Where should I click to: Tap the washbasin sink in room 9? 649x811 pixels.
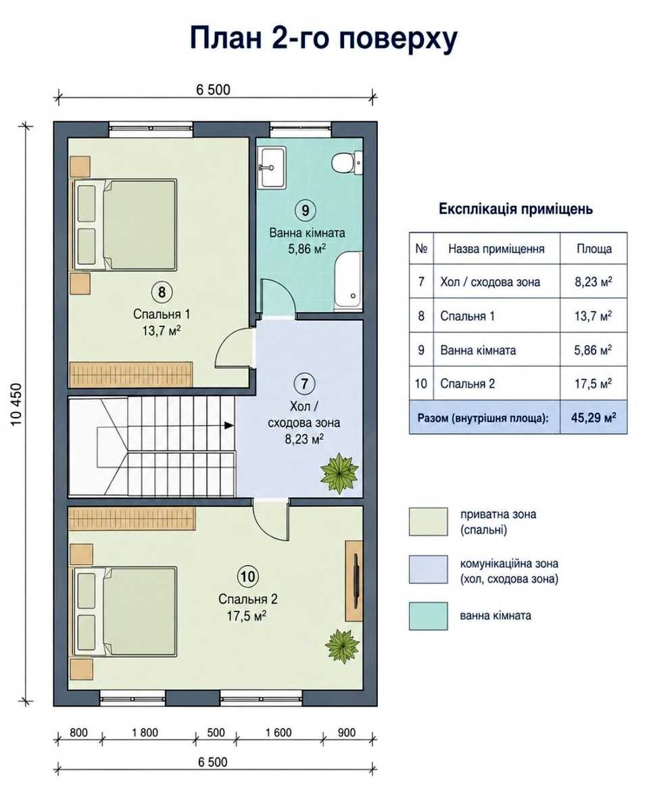pos(271,168)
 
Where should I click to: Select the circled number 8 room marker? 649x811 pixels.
pos(162,292)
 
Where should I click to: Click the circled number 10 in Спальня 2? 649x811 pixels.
pos(247,576)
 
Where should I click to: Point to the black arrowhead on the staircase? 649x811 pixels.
pos(229,426)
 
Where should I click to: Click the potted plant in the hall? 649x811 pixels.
pos(339,473)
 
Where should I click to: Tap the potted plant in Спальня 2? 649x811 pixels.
pos(342,646)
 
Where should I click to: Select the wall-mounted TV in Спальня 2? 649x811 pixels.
pos(356,581)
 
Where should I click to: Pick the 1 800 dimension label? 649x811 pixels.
pos(145,733)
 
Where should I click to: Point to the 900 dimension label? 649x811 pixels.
pos(347,733)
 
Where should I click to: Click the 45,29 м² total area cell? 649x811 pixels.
pos(594,418)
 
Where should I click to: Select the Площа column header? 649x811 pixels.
pos(594,249)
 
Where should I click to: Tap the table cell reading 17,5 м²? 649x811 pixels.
pos(594,384)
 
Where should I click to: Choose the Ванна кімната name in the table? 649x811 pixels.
pos(478,350)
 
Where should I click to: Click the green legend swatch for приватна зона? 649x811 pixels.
pos(429,522)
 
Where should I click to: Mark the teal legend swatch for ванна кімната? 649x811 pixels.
pos(429,616)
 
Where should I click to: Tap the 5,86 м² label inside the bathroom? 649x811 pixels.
pos(307,249)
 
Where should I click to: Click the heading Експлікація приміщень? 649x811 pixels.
pos(516,209)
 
